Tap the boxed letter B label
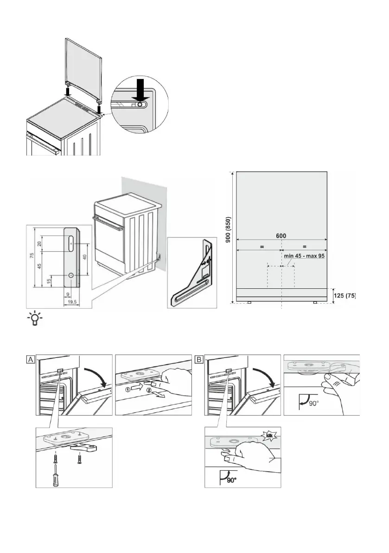point(199,359)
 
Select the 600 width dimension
point(281,235)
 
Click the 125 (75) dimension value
point(344,295)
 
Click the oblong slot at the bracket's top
point(71,242)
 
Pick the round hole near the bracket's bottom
point(70,275)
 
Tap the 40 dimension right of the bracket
point(85,258)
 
